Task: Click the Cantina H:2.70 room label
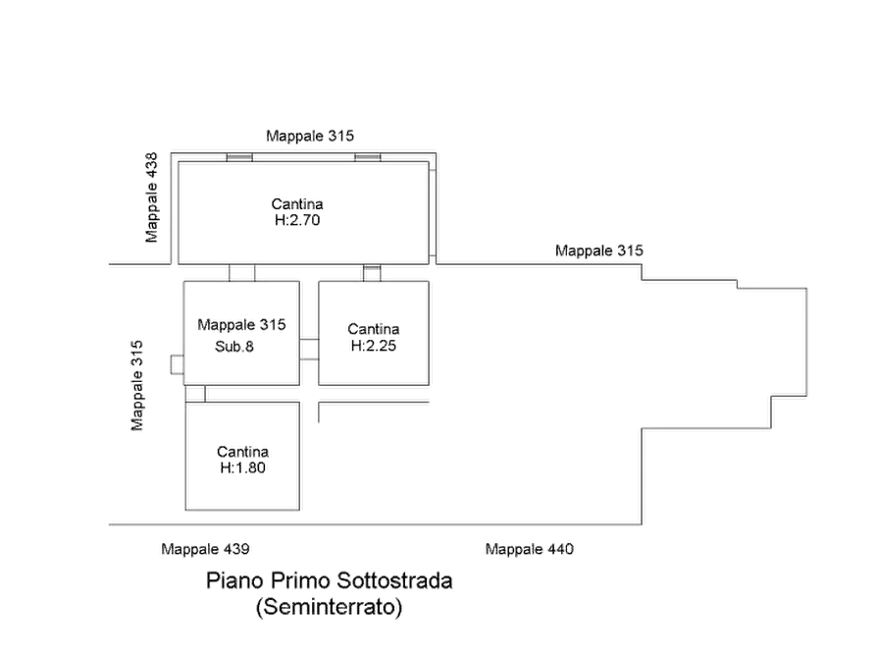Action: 297,212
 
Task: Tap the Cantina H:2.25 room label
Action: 373,337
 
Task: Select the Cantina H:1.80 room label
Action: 241,460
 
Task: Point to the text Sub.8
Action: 235,346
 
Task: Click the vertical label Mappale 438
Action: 151,196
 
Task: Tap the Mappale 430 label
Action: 528,549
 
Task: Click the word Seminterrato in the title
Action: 330,609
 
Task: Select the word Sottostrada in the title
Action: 395,581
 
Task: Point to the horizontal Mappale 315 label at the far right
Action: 599,251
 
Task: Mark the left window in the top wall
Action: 239,157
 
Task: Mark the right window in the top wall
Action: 368,157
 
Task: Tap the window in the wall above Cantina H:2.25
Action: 372,270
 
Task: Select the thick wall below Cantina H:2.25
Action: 375,394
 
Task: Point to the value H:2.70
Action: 297,221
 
